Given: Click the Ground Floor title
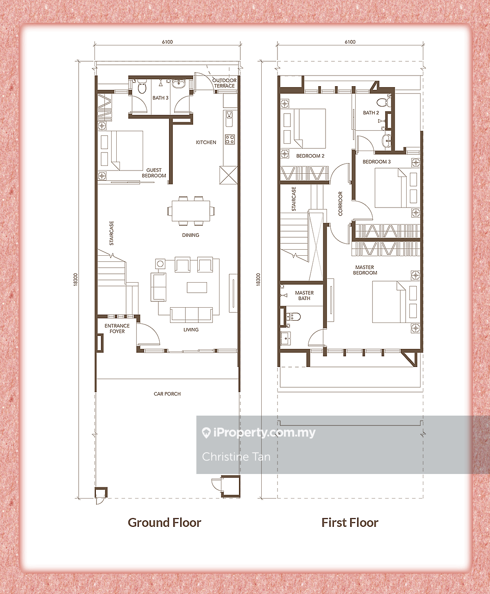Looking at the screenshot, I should (164, 523).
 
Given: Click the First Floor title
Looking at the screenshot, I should (350, 523).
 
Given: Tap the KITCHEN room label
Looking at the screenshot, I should (206, 142).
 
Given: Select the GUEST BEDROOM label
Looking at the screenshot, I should (154, 173).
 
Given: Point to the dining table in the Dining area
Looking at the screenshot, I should (191, 211).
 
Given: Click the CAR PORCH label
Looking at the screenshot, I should (167, 394).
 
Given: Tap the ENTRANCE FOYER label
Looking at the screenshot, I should (117, 329).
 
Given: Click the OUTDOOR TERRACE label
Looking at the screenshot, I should (224, 83).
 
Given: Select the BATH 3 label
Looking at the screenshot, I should (161, 98).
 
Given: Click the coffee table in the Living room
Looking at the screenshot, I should (197, 287).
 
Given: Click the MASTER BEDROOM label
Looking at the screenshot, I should (365, 270).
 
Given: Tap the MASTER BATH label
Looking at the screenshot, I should (304, 296).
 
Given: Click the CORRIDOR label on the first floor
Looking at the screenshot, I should (340, 203).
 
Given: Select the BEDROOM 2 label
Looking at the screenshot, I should (310, 156).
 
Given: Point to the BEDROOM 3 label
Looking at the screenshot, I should (377, 162).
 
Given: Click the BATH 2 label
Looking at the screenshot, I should (371, 113).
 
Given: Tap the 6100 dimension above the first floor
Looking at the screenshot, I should (350, 42).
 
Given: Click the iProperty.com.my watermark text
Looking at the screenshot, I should (259, 433).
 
